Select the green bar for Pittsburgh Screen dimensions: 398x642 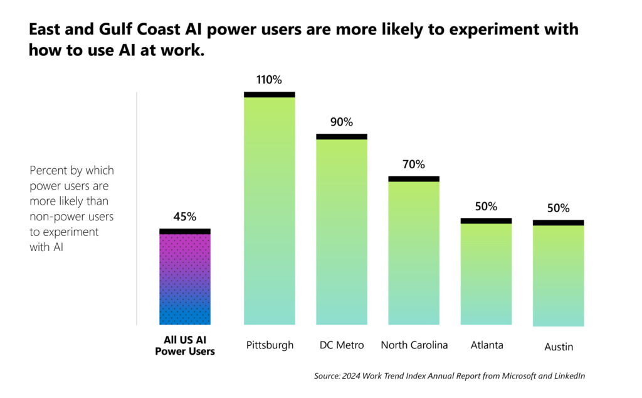pyautogui.click(x=269, y=210)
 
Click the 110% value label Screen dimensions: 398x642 pyautogui.click(x=269, y=80)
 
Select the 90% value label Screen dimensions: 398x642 pyautogui.click(x=342, y=122)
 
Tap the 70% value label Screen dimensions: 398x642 pyautogui.click(x=414, y=164)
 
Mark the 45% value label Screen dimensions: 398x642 pyautogui.click(x=185, y=217)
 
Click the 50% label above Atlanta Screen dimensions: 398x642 pyautogui.click(x=486, y=207)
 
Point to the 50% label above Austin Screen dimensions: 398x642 pyautogui.click(x=558, y=208)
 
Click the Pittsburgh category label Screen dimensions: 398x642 pyautogui.click(x=269, y=345)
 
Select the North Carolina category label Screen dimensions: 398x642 pyautogui.click(x=414, y=345)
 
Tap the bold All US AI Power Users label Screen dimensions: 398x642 pyautogui.click(x=185, y=345)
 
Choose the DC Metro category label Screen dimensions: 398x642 pyautogui.click(x=342, y=345)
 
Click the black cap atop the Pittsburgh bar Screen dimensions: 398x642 pyautogui.click(x=269, y=95)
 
